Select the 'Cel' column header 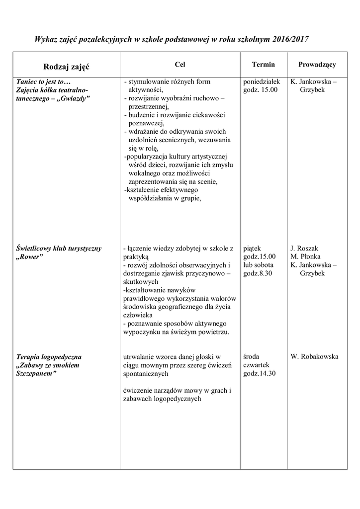point(180,65)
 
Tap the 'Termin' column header point(263,65)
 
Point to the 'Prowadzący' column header point(317,65)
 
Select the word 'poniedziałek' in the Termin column point(262,82)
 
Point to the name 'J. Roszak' point(304,248)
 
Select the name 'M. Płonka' point(305,256)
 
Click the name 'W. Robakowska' point(314,357)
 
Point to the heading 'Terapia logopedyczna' point(49,357)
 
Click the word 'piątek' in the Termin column point(253,248)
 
